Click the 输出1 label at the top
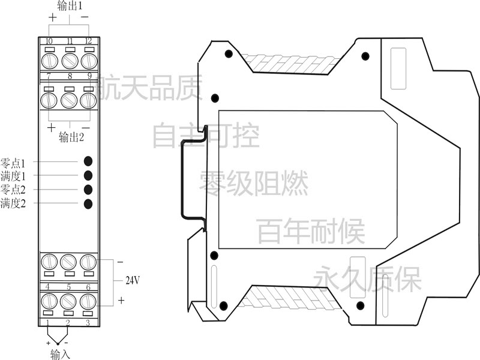(x=70, y=5)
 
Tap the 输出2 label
(x=71, y=137)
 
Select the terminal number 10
(x=49, y=41)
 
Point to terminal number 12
(x=88, y=41)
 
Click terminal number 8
(x=70, y=76)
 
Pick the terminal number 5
(x=68, y=287)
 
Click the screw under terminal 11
(x=70, y=61)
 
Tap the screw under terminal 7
(x=49, y=100)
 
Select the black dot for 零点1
(x=88, y=161)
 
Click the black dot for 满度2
(x=88, y=204)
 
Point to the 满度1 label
(x=13, y=176)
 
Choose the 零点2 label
(x=13, y=190)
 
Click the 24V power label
(x=133, y=280)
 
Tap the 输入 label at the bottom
(x=61, y=354)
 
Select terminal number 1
(x=48, y=322)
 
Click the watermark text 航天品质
(x=149, y=88)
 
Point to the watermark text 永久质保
(x=367, y=278)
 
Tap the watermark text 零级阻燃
(x=254, y=184)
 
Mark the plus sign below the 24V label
(x=121, y=301)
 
